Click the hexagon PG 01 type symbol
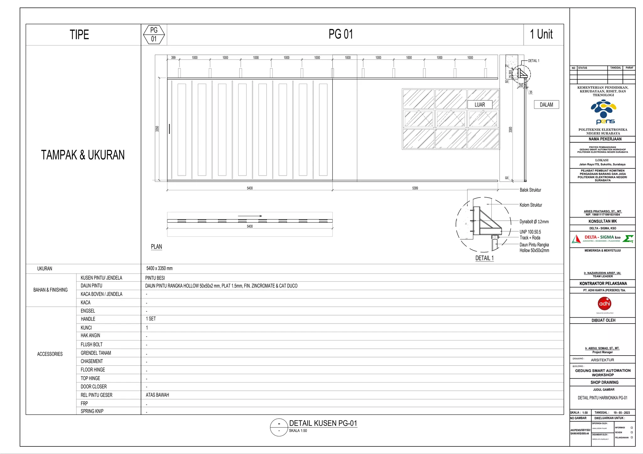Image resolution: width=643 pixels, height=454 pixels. (x=154, y=34)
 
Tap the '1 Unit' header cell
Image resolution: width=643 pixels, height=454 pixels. (x=541, y=34)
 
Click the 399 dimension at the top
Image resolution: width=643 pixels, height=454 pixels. (x=173, y=58)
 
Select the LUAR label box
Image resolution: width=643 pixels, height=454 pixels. (x=479, y=105)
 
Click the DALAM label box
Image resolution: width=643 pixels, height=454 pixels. (x=546, y=105)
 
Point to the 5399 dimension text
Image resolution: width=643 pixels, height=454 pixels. (x=415, y=188)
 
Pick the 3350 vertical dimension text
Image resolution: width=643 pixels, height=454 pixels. (x=157, y=129)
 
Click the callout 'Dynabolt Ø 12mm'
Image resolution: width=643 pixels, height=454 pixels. (x=534, y=222)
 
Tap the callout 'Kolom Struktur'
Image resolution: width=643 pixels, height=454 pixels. (x=531, y=205)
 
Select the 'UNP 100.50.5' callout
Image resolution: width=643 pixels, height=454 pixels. (x=530, y=232)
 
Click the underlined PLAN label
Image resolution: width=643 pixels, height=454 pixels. (x=156, y=247)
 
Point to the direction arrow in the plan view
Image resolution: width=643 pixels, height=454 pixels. (x=250, y=216)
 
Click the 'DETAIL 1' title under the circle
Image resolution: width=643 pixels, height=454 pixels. (x=484, y=258)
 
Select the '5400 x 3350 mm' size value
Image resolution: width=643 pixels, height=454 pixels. (x=159, y=268)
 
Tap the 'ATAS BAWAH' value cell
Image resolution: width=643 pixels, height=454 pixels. (x=157, y=395)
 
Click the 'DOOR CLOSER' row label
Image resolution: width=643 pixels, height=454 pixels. (x=94, y=387)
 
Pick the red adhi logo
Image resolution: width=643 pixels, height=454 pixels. (x=604, y=304)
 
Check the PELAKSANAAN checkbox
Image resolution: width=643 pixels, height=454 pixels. (x=632, y=437)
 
